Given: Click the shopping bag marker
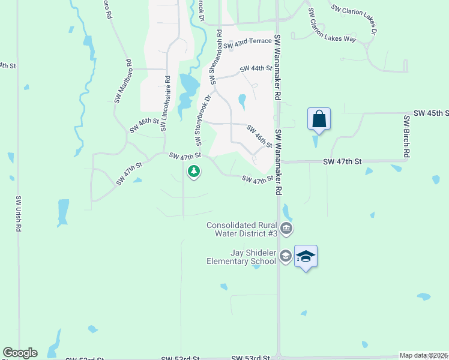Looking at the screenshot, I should point(319,119).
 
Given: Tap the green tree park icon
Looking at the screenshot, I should point(194,172).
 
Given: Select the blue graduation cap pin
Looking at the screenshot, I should point(306,256).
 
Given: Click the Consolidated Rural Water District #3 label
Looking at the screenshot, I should point(242,229).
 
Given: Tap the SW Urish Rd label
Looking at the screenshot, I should point(19,214).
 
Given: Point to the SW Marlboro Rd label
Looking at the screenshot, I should point(122,82).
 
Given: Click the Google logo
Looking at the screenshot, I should point(20,353).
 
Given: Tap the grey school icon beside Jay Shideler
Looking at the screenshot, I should point(285,256).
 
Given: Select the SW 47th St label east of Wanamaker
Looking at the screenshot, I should point(343,162).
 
